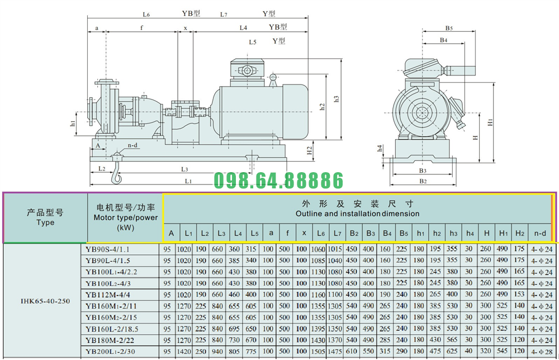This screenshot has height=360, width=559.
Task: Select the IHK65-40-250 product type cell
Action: [x=45, y=301]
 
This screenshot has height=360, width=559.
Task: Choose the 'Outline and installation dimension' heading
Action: [x=357, y=214]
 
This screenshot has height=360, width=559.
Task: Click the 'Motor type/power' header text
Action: [x=125, y=217]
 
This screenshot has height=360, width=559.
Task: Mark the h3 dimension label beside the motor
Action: [x=336, y=99]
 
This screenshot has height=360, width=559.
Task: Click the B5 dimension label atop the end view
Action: [x=449, y=28]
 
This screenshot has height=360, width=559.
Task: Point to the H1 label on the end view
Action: [x=490, y=121]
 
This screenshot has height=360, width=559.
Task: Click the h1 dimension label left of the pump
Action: [x=73, y=124]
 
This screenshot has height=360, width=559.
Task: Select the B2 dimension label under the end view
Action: [x=423, y=182]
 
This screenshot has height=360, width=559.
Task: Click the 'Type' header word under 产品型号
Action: [x=45, y=222]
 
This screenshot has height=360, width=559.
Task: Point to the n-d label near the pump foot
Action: [x=132, y=145]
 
